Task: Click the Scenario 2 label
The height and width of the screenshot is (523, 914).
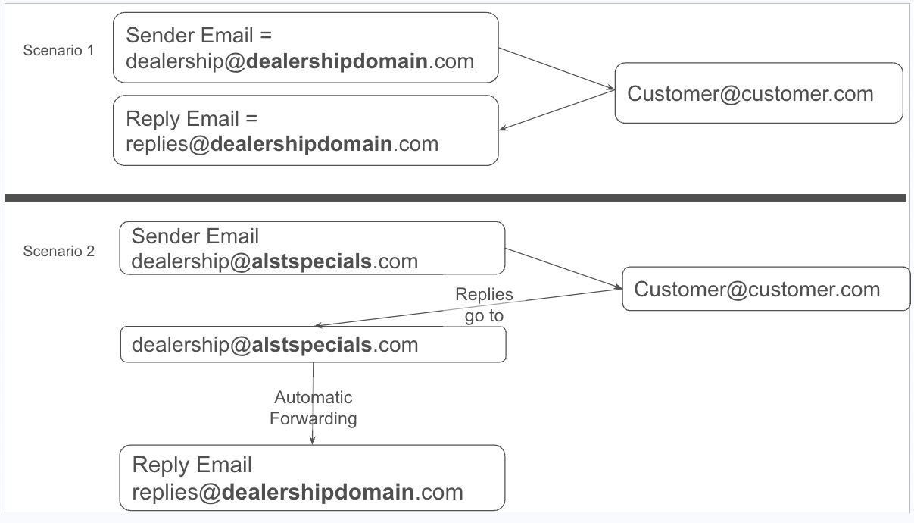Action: (x=60, y=252)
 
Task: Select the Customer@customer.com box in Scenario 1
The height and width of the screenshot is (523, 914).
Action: (x=758, y=93)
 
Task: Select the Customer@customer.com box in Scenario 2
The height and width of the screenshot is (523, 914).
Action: (x=765, y=289)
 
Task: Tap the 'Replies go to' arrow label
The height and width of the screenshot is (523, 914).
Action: (x=484, y=305)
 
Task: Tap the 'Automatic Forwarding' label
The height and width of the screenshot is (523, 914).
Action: (x=313, y=408)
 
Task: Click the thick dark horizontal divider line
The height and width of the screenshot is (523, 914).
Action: (x=454, y=198)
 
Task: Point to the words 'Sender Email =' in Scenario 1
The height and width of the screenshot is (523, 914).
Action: (x=199, y=36)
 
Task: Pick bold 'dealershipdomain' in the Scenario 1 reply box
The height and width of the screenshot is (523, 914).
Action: (x=301, y=143)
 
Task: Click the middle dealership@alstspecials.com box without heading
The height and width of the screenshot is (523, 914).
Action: (x=313, y=345)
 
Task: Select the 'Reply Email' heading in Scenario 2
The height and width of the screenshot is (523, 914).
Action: (x=192, y=465)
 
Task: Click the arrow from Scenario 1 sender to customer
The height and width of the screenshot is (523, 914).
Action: (x=557, y=70)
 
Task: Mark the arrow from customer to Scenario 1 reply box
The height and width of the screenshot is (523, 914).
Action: (x=557, y=111)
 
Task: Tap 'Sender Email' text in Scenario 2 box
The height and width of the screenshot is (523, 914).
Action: (x=195, y=236)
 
